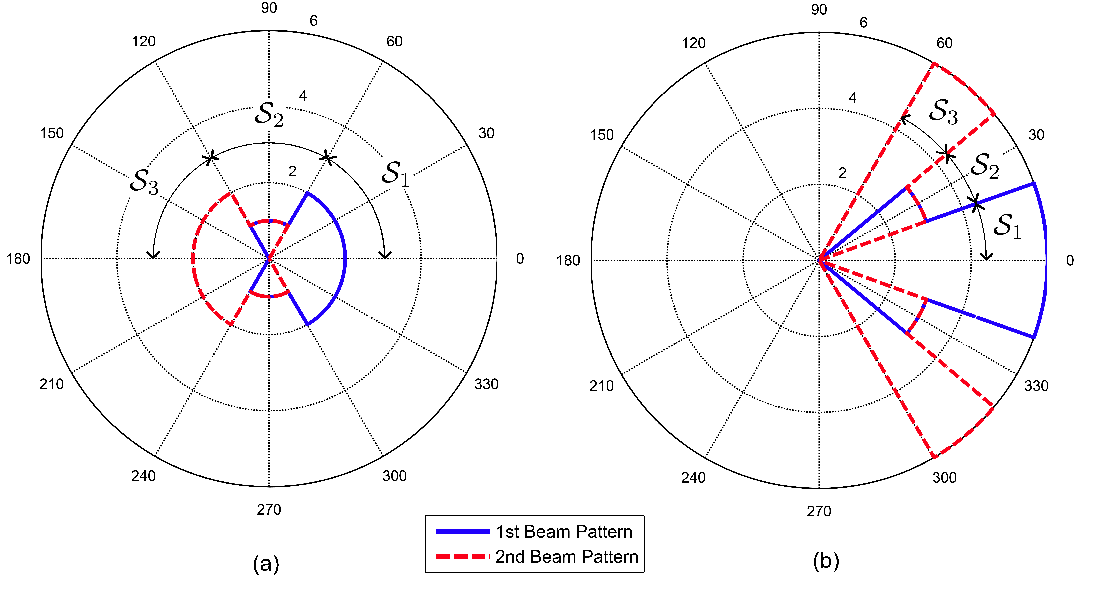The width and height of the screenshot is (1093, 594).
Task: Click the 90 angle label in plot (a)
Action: pos(269,8)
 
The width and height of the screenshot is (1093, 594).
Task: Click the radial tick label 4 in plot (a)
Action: pos(303,96)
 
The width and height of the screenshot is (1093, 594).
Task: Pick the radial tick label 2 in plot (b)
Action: pos(842,173)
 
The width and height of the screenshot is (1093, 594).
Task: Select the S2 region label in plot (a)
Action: pos(269,114)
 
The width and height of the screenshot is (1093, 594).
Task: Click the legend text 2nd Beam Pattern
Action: pos(566,557)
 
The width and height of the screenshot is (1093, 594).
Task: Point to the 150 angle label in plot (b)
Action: pos(602,135)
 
